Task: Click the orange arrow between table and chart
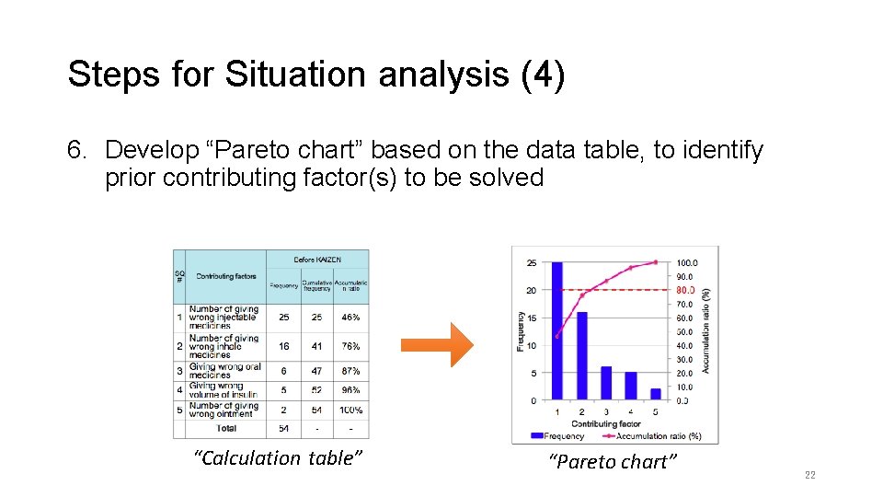click(x=436, y=344)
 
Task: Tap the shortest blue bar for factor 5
click(x=656, y=394)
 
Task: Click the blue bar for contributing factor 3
click(x=606, y=383)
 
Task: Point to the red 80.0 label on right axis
click(x=686, y=290)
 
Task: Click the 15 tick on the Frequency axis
click(x=532, y=318)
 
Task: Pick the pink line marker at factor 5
click(x=656, y=261)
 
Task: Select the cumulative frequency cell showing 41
click(x=316, y=346)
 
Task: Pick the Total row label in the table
click(x=226, y=428)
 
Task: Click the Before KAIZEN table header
click(x=317, y=260)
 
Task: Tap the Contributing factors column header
click(x=226, y=276)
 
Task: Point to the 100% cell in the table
click(x=350, y=410)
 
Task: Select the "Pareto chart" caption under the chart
click(x=612, y=462)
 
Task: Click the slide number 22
click(x=809, y=475)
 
